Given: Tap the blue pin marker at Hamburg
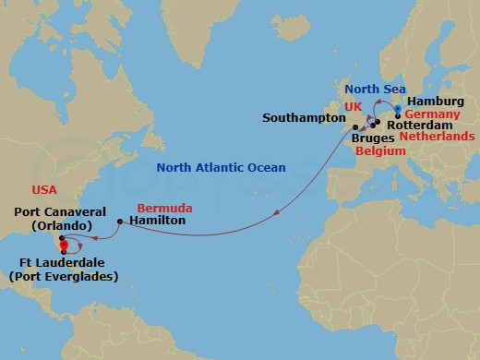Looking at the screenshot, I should point(397,109).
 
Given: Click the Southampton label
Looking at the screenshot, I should point(301,118).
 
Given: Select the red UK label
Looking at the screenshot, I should point(352,107).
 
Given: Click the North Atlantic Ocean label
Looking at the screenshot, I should point(221,167).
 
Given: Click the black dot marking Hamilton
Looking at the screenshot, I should point(120,222).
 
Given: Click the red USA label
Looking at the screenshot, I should point(43,189).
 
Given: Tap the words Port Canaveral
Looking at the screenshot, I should point(52,211).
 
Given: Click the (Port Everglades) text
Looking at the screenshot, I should point(62,275).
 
